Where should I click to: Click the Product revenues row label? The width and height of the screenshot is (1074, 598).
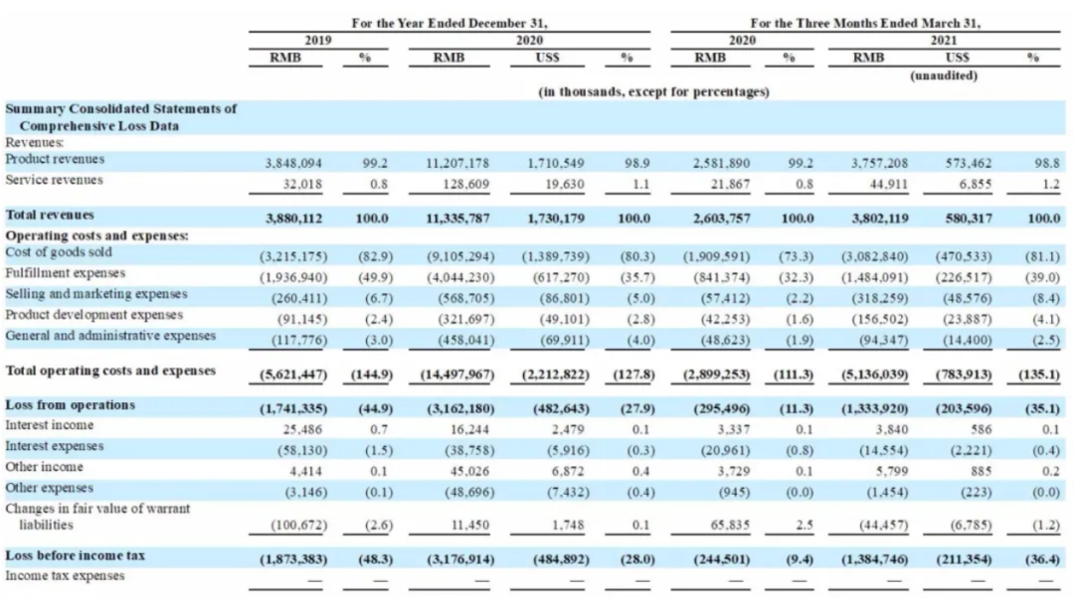click(55, 159)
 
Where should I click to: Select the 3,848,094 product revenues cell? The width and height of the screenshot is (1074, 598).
click(293, 164)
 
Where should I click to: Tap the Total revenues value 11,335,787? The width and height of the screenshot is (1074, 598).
click(457, 219)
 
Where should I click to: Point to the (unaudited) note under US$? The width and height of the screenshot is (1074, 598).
click(943, 75)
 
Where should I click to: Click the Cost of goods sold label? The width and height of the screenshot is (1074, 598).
click(59, 251)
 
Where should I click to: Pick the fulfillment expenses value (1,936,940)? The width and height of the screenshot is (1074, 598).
click(293, 277)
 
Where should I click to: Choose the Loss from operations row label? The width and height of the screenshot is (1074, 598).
click(70, 404)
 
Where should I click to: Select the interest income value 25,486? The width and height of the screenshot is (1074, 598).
click(302, 430)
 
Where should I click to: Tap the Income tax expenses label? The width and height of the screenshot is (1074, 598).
click(65, 575)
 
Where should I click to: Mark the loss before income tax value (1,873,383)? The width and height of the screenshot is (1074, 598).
click(293, 559)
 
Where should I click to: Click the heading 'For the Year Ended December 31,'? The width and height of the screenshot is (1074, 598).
click(449, 23)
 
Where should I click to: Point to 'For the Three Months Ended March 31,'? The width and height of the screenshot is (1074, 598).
click(865, 23)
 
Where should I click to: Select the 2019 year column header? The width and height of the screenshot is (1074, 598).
click(318, 41)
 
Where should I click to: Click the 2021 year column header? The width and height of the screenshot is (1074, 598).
click(943, 41)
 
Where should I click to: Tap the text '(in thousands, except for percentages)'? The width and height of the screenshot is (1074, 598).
click(653, 91)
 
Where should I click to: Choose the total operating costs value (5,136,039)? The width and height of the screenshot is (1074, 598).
click(875, 374)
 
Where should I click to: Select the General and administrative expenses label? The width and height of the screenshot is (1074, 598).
click(110, 336)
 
